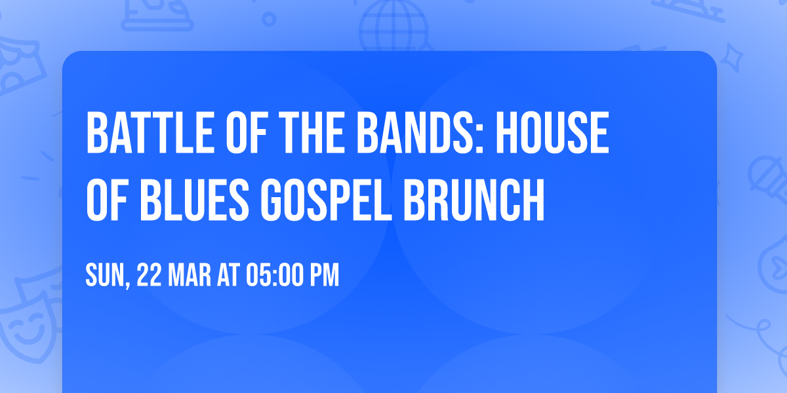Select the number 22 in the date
[150, 276]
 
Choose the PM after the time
[324, 276]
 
